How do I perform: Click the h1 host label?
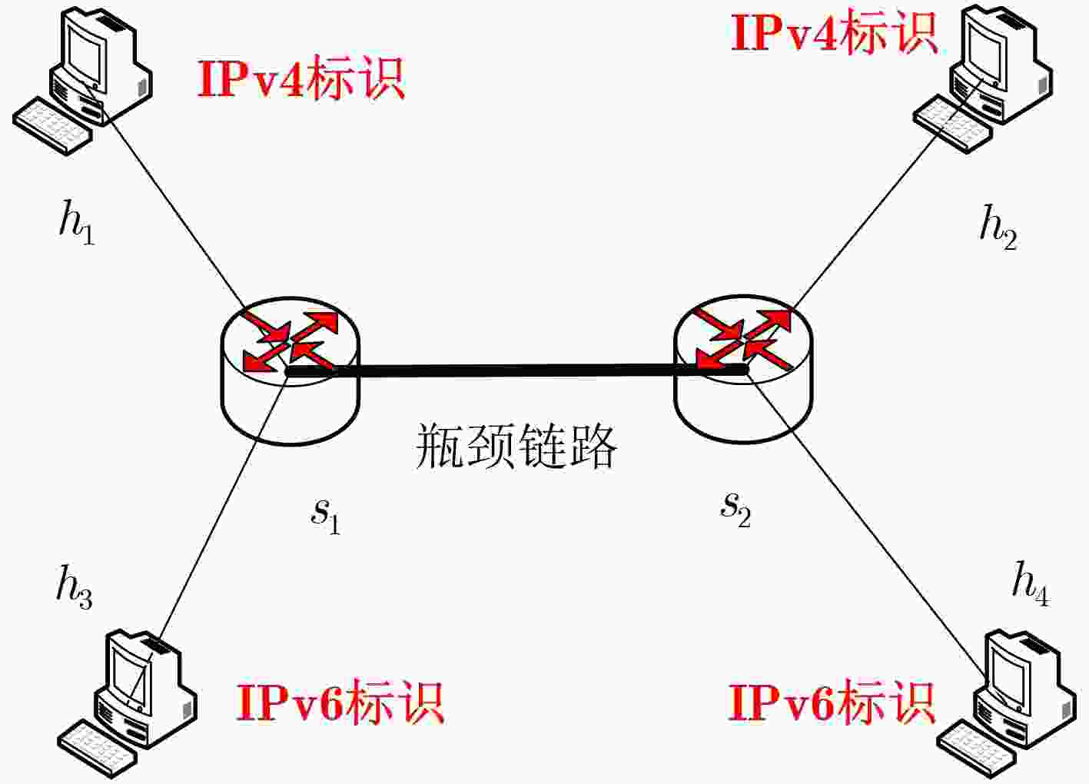tap(77, 222)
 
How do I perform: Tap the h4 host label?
tap(1030, 583)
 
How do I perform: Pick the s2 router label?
tap(735, 509)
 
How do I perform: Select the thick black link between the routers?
tap(515, 371)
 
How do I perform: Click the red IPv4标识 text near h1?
tap(300, 79)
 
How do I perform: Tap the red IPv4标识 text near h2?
tap(834, 34)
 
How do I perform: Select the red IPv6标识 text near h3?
tap(340, 703)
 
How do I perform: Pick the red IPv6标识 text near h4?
tap(832, 702)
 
